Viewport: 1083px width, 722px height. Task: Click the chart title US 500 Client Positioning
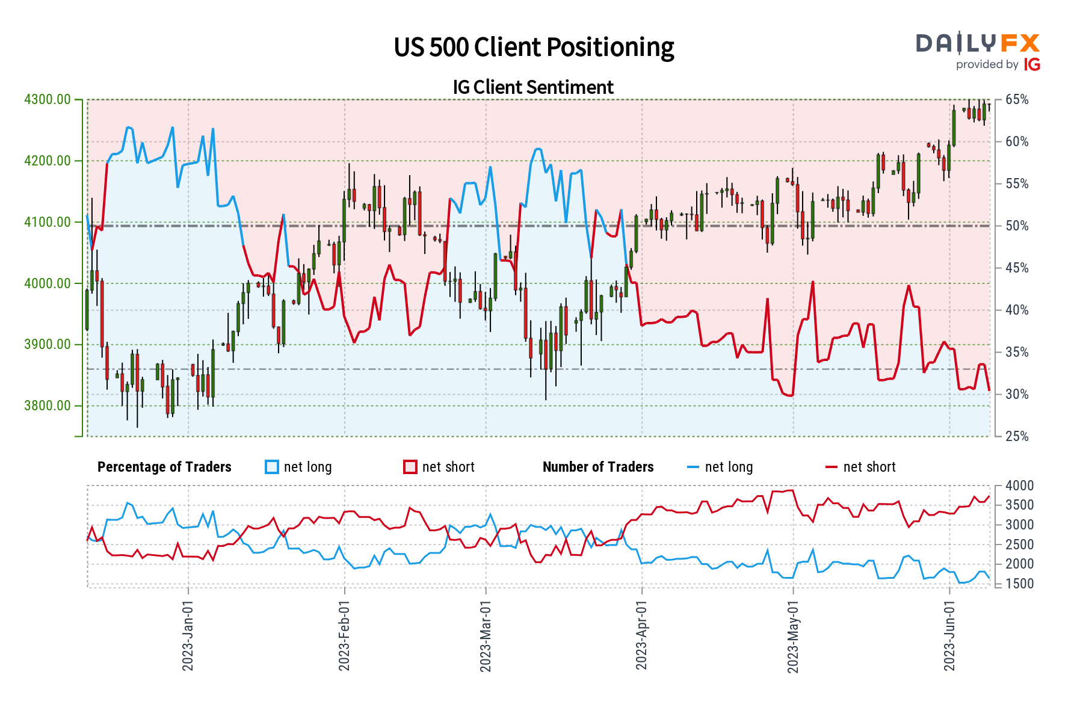pyautogui.click(x=534, y=47)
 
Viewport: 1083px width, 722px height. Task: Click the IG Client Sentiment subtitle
pyautogui.click(x=533, y=87)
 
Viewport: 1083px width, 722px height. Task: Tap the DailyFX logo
pyautogui.click(x=978, y=51)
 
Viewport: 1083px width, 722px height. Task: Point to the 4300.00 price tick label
pyautogui.click(x=47, y=99)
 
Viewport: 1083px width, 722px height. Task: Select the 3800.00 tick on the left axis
pyautogui.click(x=47, y=406)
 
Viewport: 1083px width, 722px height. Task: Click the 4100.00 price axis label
pyautogui.click(x=47, y=222)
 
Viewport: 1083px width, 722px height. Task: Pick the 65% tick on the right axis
pyautogui.click(x=1017, y=100)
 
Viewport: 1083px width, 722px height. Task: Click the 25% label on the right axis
pyautogui.click(x=1017, y=436)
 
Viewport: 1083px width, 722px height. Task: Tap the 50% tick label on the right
pyautogui.click(x=1017, y=226)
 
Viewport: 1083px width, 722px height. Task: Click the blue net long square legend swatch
pyautogui.click(x=272, y=467)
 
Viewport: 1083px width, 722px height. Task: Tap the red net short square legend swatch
pyautogui.click(x=410, y=467)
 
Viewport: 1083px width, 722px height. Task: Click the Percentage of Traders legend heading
pyautogui.click(x=164, y=467)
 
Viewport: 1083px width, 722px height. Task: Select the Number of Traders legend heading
pyautogui.click(x=598, y=467)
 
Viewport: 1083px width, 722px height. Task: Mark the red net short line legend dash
pyautogui.click(x=831, y=467)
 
